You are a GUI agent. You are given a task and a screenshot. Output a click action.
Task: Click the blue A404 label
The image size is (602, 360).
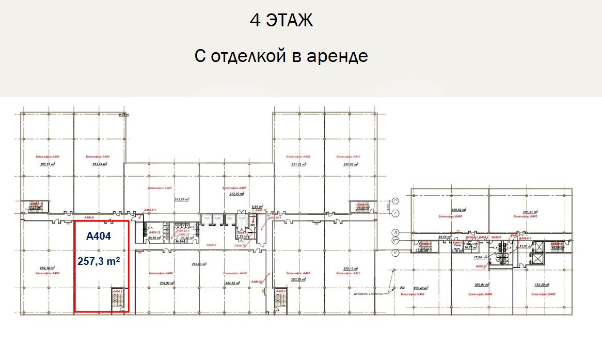[x=98, y=236]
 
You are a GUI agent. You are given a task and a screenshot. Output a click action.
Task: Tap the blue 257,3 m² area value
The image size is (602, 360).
[x=99, y=261]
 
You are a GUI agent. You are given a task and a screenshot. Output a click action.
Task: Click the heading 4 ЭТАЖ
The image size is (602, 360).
[x=281, y=21]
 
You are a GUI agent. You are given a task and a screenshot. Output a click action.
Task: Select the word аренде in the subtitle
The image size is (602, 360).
[x=338, y=55]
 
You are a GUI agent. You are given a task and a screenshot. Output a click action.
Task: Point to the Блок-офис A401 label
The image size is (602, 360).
[x=47, y=156]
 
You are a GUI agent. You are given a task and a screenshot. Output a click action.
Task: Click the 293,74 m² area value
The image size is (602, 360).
[x=100, y=164]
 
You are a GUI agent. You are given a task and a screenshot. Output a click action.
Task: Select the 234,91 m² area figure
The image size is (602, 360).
[x=168, y=283]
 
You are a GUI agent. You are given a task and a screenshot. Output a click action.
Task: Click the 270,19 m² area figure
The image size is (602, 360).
[x=351, y=269]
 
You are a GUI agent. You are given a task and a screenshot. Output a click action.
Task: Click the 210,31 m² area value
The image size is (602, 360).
[x=530, y=212]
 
